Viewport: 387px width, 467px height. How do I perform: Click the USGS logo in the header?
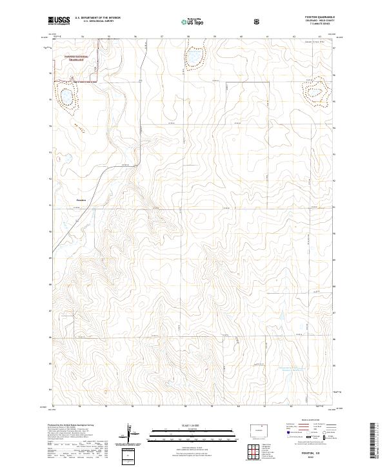[x=57, y=21]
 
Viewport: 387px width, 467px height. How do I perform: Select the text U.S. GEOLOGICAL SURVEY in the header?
[x=97, y=22]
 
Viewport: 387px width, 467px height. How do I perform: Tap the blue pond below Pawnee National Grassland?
[x=65, y=97]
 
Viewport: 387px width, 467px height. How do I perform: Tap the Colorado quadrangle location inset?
[x=259, y=430]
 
